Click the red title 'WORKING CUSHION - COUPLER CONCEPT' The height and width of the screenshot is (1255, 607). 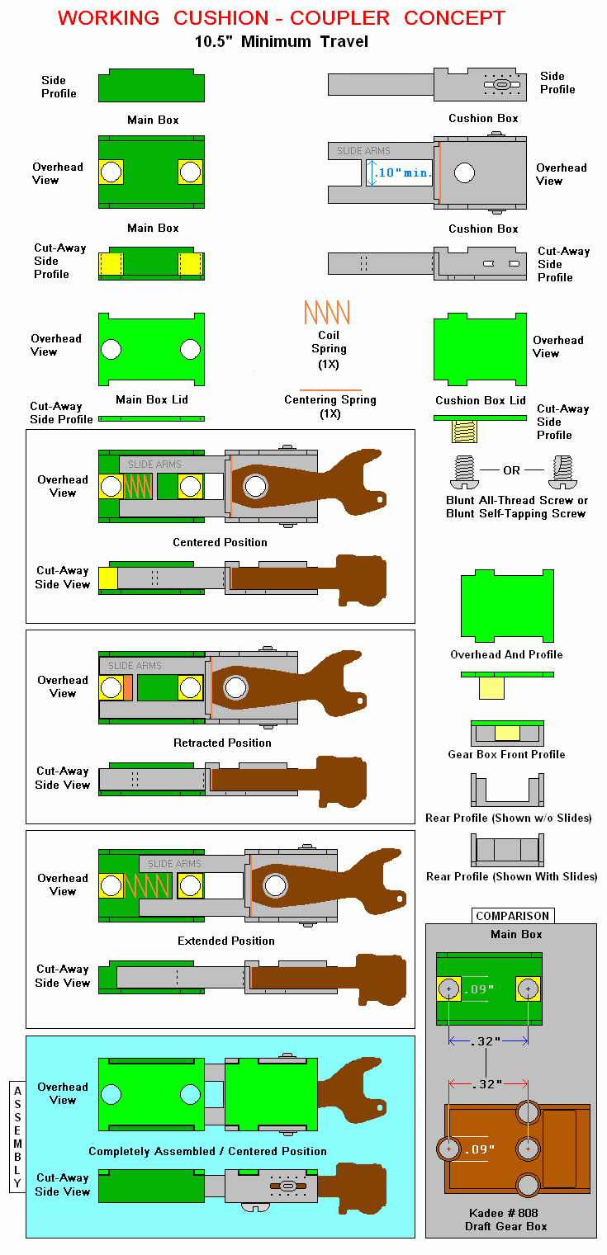[x=282, y=17]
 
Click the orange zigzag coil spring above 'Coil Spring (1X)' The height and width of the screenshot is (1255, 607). [x=326, y=312]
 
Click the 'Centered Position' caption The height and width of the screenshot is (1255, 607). [x=220, y=542]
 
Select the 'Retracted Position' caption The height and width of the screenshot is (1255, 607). [x=222, y=743]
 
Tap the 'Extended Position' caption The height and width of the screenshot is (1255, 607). [x=226, y=941]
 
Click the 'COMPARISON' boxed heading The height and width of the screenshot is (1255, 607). [x=512, y=916]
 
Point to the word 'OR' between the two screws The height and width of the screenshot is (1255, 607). [x=512, y=470]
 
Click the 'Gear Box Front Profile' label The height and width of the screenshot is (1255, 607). [x=506, y=754]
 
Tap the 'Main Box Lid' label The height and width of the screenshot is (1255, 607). [x=152, y=400]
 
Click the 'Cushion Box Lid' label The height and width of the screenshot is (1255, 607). [x=481, y=401]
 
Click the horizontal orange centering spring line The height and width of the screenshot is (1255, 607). [x=330, y=389]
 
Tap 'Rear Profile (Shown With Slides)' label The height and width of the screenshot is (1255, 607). [x=511, y=876]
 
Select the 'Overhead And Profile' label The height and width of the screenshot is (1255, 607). [x=506, y=654]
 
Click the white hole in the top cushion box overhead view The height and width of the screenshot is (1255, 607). [x=464, y=173]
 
